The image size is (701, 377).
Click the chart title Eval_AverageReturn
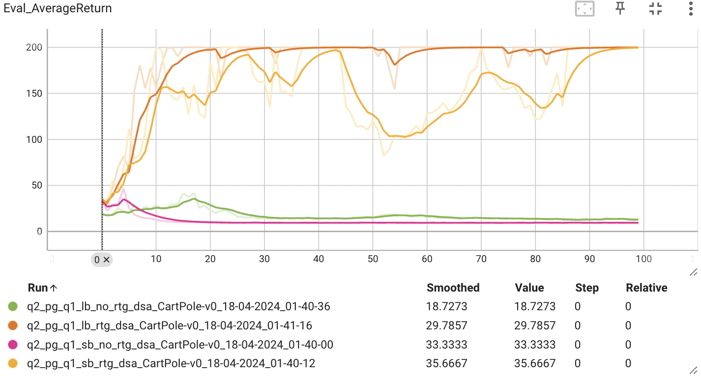pyautogui.click(x=58, y=8)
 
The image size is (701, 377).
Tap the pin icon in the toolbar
pyautogui.click(x=620, y=8)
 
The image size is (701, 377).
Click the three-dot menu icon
pyautogui.click(x=690, y=8)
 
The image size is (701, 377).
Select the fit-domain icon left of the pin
pyautogui.click(x=585, y=8)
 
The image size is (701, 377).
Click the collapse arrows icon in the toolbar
pyautogui.click(x=655, y=8)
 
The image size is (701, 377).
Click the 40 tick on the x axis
pyautogui.click(x=319, y=259)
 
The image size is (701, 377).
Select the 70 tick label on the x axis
pyautogui.click(x=481, y=259)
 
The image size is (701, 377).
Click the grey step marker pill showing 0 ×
pyautogui.click(x=102, y=260)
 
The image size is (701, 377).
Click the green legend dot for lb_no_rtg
pyautogui.click(x=13, y=307)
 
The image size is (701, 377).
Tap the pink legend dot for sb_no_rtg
pyautogui.click(x=13, y=345)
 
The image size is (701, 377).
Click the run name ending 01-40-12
pyautogui.click(x=171, y=364)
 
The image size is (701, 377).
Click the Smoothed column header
pyautogui.click(x=453, y=288)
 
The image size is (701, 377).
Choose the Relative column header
pyautogui.click(x=646, y=288)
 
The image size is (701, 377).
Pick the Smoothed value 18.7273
pyautogui.click(x=446, y=307)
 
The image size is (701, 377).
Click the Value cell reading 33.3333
pyautogui.click(x=535, y=345)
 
